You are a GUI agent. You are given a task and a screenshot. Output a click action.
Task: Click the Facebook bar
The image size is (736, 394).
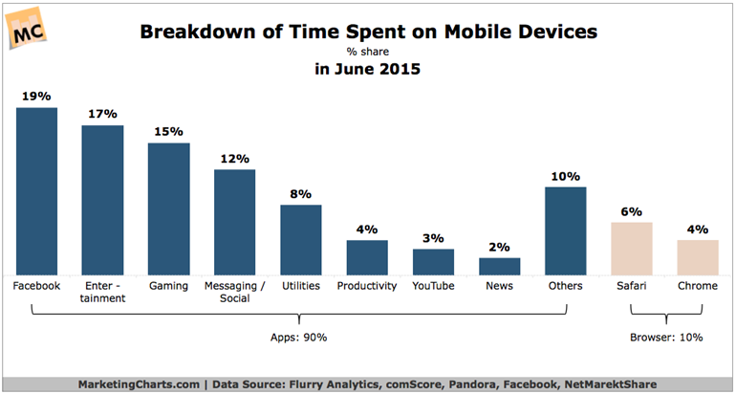36,191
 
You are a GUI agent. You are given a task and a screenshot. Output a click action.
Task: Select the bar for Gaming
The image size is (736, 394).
168,209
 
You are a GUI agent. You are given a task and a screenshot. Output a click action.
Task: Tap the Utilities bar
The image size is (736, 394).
300,240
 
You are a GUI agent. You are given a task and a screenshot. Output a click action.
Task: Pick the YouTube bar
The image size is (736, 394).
433,262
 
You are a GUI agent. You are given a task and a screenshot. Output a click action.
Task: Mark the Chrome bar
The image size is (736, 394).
697,257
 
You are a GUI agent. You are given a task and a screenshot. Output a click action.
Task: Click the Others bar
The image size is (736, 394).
565,230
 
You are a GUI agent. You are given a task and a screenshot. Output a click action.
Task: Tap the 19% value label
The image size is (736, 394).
36,97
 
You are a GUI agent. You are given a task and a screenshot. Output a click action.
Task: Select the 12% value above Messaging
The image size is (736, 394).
234,159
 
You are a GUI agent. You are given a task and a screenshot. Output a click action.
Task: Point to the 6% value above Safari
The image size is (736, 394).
631,211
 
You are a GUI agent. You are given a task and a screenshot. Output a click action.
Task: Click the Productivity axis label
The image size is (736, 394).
367,285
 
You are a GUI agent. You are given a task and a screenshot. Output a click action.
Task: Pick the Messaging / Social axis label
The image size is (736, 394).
234,292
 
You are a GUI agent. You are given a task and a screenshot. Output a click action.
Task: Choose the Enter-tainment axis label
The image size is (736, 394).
102,292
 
